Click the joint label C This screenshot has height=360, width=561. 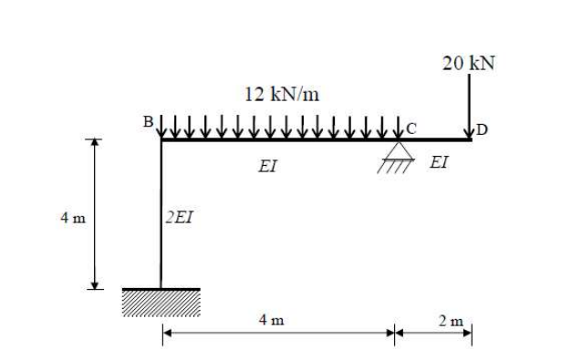click(411, 128)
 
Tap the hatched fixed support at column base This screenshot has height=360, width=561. click(161, 302)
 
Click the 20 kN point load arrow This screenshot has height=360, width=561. click(470, 105)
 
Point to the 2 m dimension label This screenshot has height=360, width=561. click(447, 320)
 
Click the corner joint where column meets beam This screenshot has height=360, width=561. click(161, 140)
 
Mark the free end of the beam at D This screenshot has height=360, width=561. click(471, 140)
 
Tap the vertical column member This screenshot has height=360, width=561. click(161, 219)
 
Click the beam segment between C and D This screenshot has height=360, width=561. click(433, 140)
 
